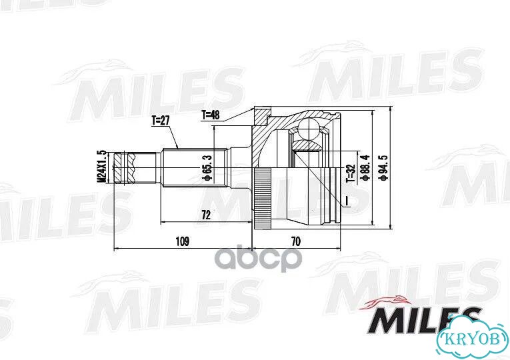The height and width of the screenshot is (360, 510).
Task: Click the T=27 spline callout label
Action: coord(161,121)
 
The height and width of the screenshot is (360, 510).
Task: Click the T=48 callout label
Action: coord(211,115)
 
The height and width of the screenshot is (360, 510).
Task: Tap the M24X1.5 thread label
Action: coord(102,166)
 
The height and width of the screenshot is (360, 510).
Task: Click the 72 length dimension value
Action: coord(206,215)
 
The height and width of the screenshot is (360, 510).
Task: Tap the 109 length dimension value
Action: coord(183,241)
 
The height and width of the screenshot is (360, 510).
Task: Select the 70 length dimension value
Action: coord(295,241)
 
